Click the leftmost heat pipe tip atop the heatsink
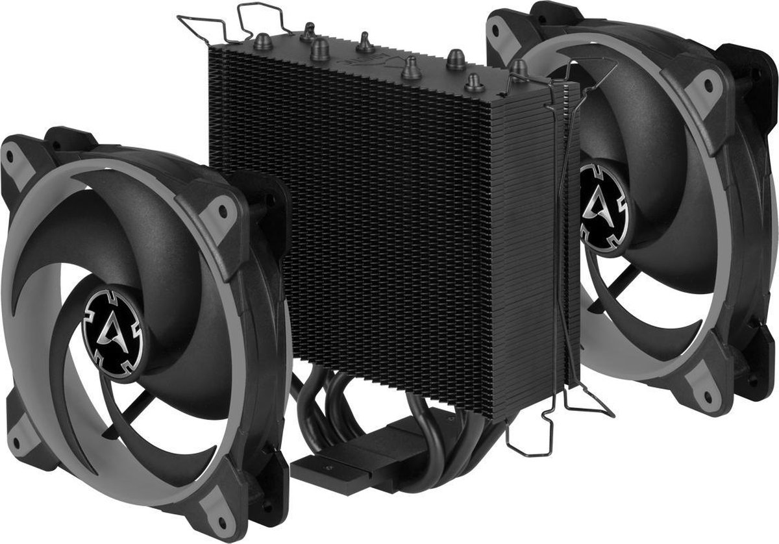coord(307,29)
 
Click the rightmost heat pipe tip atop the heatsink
coord(517,67)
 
